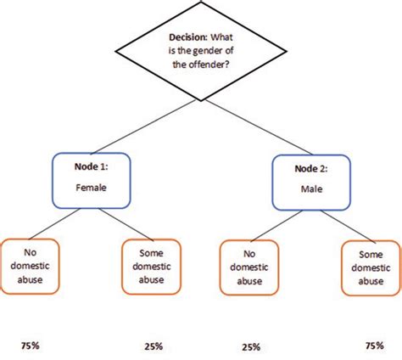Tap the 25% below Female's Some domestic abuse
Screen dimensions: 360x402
[154, 346]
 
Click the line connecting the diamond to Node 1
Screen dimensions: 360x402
[136, 127]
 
